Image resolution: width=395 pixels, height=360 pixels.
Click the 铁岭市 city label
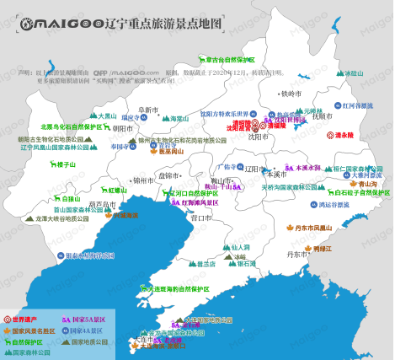coord(290,93)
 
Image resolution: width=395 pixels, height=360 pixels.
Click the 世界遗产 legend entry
coord(29,320)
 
